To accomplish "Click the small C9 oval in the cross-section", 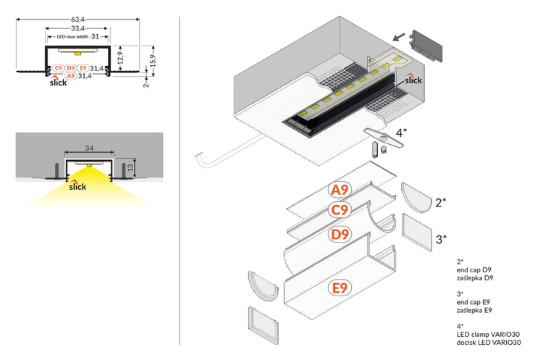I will (x=56, y=68).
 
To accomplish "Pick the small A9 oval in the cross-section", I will (x=70, y=75).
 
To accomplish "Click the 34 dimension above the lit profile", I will (x=89, y=148).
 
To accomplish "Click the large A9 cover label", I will (x=340, y=191).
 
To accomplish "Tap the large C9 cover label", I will (x=340, y=211).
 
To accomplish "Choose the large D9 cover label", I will (x=340, y=235).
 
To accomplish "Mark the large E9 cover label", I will (x=340, y=288).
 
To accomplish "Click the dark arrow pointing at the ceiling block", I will (x=398, y=34).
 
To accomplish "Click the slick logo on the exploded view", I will (x=412, y=79).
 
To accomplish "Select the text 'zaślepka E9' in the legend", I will (x=475, y=310).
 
